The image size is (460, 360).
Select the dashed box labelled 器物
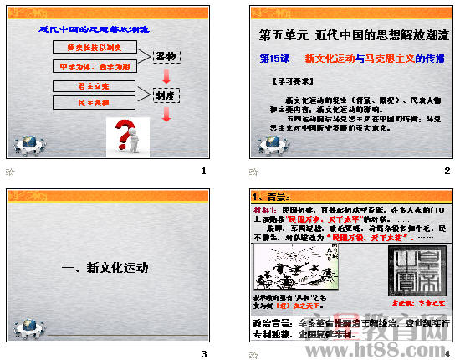(167, 56)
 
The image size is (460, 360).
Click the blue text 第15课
(275, 59)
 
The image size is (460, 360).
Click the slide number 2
(447, 172)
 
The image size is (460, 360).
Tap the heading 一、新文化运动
(105, 268)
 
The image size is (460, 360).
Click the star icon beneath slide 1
(10, 172)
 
